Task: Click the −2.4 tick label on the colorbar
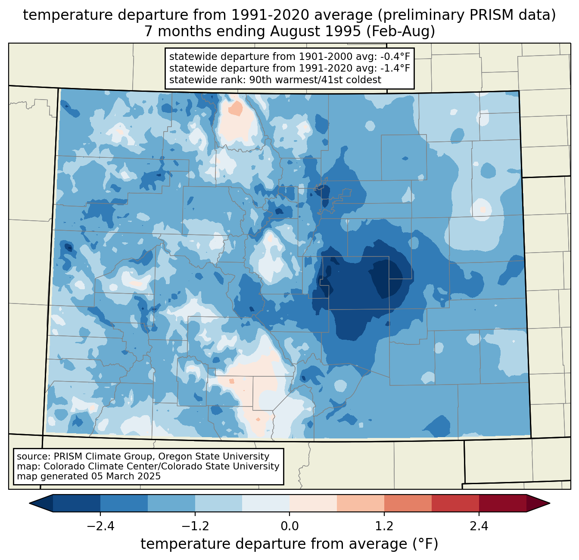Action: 100,526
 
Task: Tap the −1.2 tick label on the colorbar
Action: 195,526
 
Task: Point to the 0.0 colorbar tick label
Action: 289,526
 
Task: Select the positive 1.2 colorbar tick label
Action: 384,526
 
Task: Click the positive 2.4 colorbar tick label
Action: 479,526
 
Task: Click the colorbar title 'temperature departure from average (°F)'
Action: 289,544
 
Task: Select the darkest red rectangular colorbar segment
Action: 502,503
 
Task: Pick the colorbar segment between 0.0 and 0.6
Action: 313,503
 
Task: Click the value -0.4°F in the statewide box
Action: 395,57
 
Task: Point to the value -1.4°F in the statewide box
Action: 395,68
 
